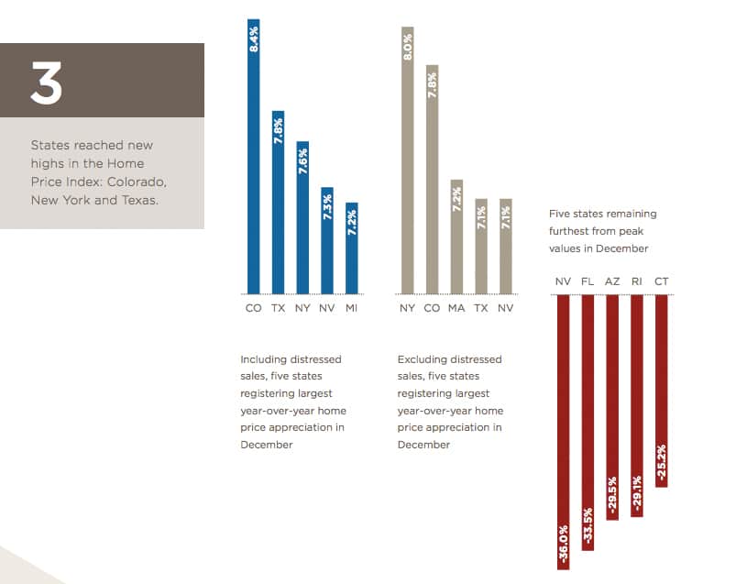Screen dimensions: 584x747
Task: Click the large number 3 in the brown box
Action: pos(47,82)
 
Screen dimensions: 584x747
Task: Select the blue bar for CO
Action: pos(254,156)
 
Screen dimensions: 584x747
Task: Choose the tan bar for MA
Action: pos(456,235)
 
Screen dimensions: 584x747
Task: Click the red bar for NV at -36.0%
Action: pos(563,431)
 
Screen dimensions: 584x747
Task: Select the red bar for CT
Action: pos(662,390)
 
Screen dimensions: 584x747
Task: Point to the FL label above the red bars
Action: pos(588,281)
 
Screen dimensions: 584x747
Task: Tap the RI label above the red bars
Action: pos(637,281)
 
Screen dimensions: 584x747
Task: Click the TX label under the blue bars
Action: pos(278,308)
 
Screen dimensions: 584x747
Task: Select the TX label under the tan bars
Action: pos(481,308)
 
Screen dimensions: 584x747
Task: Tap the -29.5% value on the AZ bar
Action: pos(612,496)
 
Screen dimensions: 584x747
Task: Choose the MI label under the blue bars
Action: pos(352,308)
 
